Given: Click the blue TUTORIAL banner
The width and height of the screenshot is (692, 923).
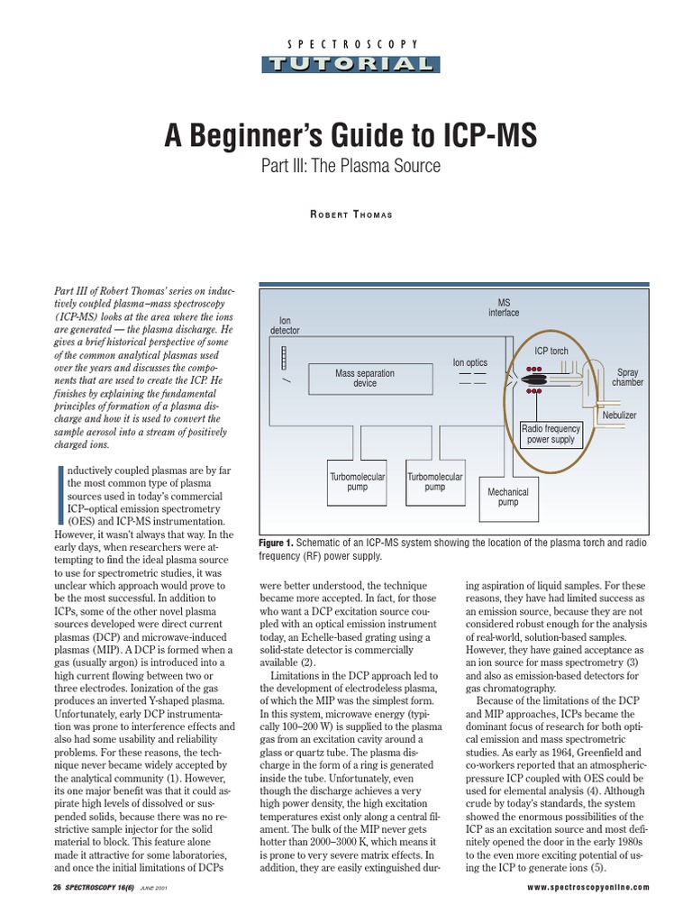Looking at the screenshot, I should [351, 63].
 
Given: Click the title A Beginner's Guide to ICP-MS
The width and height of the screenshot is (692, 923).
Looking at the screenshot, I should [350, 135].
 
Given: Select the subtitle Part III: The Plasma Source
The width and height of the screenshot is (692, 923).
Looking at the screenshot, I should [350, 167].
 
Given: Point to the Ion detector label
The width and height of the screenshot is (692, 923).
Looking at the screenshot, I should [285, 324].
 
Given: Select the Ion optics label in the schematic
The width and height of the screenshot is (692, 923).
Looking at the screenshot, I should [470, 363].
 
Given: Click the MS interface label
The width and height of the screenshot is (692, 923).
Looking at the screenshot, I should [504, 307].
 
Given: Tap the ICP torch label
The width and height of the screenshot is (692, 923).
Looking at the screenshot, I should [551, 351].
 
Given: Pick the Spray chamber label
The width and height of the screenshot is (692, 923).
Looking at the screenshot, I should [628, 377].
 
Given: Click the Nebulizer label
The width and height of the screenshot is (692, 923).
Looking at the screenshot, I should [619, 415].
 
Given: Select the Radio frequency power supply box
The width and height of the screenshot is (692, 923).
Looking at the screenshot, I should [551, 434].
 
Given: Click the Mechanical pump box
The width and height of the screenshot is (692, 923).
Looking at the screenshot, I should [508, 497].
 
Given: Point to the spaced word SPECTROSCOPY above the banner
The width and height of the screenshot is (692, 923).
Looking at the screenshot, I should [351, 44].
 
